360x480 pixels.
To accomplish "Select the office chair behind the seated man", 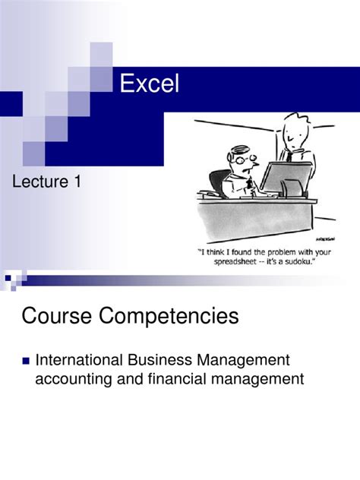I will [x=218, y=182].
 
